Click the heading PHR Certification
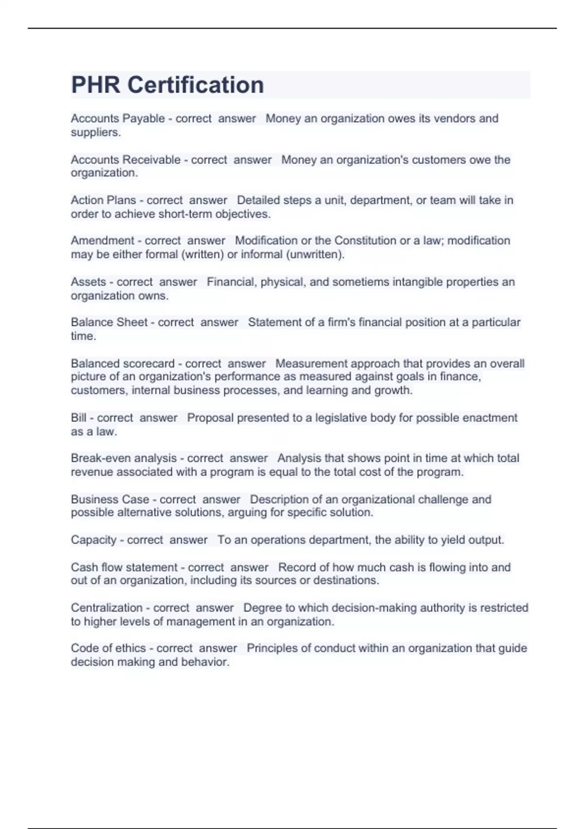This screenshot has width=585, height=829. [x=167, y=85]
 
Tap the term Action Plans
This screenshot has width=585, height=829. [x=103, y=200]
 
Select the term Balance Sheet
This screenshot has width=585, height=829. [x=109, y=322]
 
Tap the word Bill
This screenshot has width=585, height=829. [x=78, y=418]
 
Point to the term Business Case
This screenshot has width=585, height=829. [x=110, y=499]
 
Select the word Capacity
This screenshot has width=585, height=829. [x=94, y=540]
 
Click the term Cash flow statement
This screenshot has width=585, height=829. [x=124, y=568]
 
